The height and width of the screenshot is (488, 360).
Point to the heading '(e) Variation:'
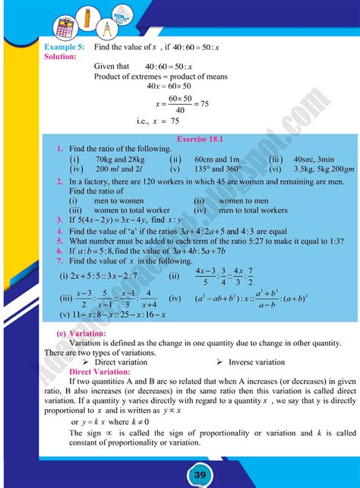coord(84,333)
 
